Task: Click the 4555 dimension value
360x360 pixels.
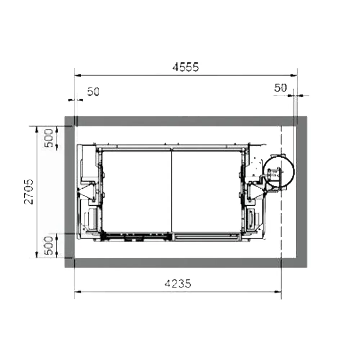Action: [x=185, y=67]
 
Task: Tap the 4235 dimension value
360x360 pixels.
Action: [x=178, y=284]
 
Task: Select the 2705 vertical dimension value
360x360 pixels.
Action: [x=29, y=192]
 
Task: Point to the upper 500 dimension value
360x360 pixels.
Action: [x=49, y=138]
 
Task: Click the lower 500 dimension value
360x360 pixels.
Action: [x=49, y=246]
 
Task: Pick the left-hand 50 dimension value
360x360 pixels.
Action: [x=93, y=92]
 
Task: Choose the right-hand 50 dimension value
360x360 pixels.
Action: [x=280, y=88]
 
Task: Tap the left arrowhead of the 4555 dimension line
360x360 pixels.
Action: [x=78, y=75]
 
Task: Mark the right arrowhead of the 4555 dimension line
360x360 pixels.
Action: [x=294, y=75]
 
